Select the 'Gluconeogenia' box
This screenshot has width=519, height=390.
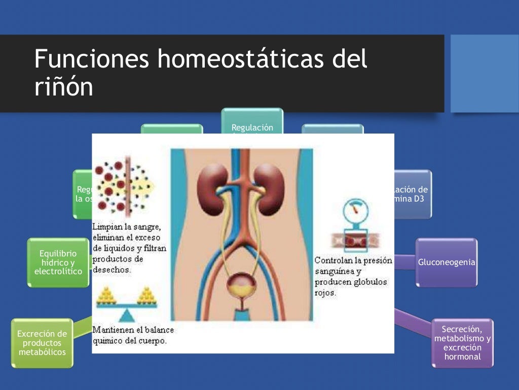click(447, 263)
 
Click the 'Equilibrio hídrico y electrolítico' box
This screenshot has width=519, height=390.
click(58, 263)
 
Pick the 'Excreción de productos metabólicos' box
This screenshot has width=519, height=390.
click(42, 343)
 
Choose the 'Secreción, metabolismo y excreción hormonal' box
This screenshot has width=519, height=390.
click(462, 343)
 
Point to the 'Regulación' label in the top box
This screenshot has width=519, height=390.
click(252, 127)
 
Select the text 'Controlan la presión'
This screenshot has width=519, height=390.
click(353, 261)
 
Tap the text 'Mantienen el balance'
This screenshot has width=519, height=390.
click(133, 330)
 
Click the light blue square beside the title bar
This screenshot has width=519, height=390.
click(485, 73)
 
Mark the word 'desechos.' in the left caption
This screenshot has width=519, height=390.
click(112, 270)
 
